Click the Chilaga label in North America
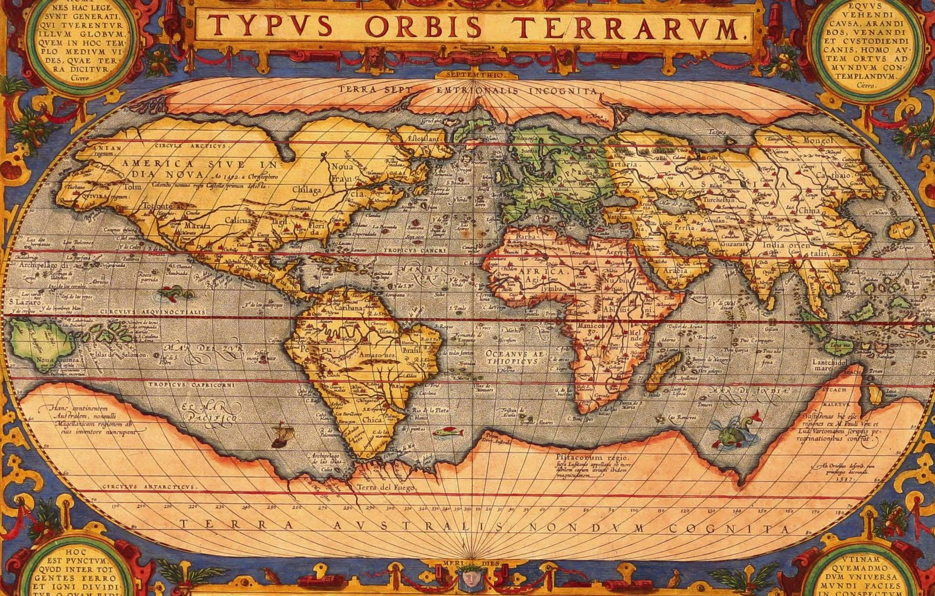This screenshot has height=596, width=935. (x=306, y=190)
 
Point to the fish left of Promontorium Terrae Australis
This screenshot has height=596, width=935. (x=448, y=433)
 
